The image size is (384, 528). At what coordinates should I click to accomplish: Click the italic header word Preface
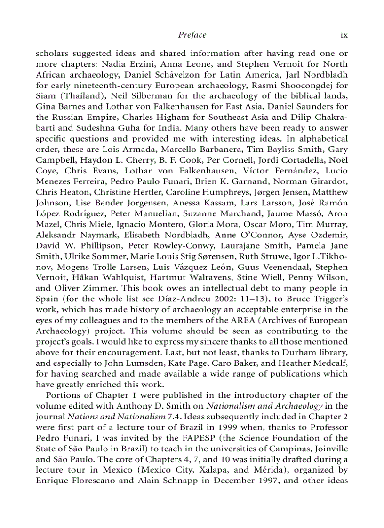pyautogui.click(x=192, y=35)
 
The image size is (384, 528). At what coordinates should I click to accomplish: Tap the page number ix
pyautogui.click(x=344, y=35)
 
